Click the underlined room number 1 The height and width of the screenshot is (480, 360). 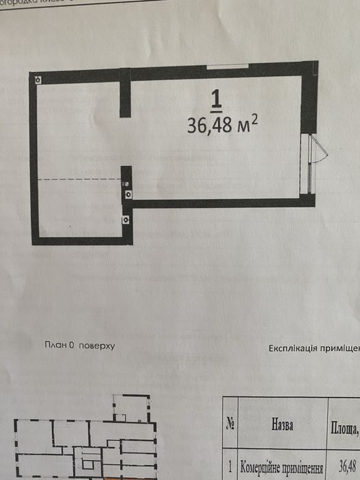(216, 101)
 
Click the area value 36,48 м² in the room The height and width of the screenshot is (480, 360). (222, 125)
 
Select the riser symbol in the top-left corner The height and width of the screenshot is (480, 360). (38, 79)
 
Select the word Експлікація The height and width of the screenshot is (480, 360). (291, 348)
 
